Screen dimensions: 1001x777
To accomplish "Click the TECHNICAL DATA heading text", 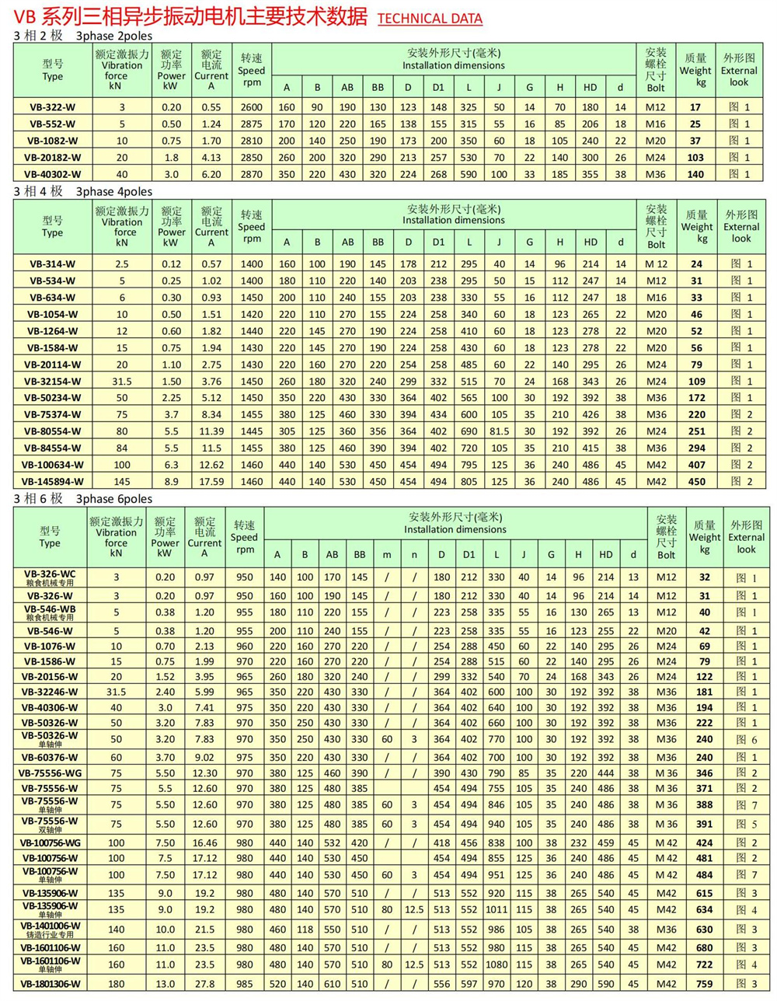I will [430, 19].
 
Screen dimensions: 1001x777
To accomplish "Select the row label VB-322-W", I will [53, 107].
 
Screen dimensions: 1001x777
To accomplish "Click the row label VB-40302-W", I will [53, 174].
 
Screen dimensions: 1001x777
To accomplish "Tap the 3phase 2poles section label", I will [114, 36].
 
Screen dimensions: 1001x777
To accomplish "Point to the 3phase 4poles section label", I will [114, 191].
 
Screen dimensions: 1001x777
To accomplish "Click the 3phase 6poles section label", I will [114, 499].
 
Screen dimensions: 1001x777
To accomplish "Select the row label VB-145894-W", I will [53, 482].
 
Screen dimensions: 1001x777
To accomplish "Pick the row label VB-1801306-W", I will [50, 984].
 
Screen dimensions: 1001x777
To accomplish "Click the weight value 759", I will [705, 984].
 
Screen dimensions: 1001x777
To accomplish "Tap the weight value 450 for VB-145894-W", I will [697, 482].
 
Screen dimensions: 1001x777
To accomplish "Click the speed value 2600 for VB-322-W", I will [252, 107].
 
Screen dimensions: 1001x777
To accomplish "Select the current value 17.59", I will [211, 482].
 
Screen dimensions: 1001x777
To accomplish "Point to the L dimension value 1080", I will [497, 964].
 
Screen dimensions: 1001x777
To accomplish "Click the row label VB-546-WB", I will [50, 609].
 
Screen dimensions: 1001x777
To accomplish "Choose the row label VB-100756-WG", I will [50, 842].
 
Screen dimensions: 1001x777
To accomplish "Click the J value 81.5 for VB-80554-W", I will [499, 431].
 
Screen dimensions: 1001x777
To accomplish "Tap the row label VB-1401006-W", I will [50, 926].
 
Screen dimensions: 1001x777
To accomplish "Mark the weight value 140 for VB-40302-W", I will [695, 174].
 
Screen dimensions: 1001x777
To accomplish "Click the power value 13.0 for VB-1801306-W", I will [165, 984].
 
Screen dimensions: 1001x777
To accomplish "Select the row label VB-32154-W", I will [53, 382].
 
